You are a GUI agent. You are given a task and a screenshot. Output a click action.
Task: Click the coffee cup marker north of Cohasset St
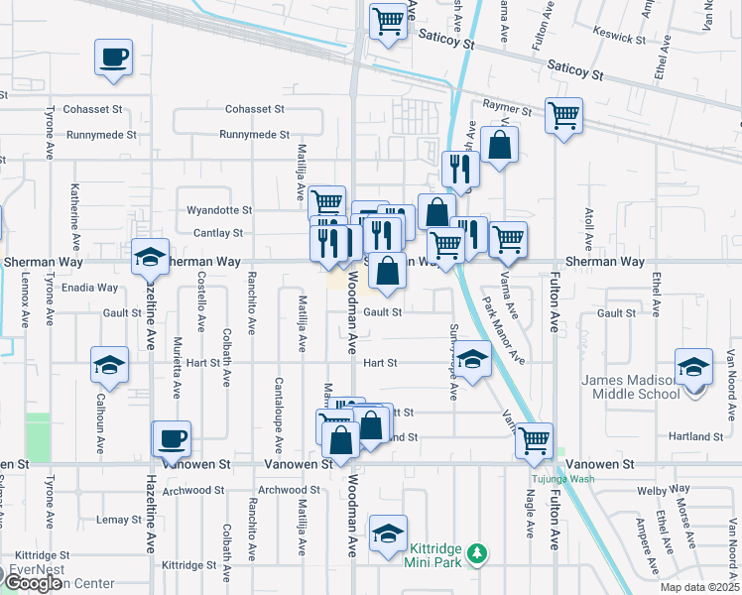pyautogui.click(x=112, y=56)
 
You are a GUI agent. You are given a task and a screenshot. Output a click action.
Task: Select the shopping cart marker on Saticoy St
pyautogui.click(x=389, y=21)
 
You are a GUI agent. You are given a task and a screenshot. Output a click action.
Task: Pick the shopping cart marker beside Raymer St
pyautogui.click(x=563, y=115)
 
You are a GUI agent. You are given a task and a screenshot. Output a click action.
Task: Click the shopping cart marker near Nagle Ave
pyautogui.click(x=534, y=438)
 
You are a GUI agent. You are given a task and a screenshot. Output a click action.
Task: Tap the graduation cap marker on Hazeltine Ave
pyautogui.click(x=150, y=258)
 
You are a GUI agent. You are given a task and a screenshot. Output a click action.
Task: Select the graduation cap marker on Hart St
pyautogui.click(x=473, y=361)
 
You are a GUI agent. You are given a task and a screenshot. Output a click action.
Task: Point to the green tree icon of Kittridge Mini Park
pyautogui.click(x=477, y=551)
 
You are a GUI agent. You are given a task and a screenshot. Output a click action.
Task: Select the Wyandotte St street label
pyautogui.click(x=220, y=210)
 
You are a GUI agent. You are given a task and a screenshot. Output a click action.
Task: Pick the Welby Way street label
pyautogui.click(x=665, y=490)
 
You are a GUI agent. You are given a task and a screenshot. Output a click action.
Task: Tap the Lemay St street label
pyautogui.click(x=120, y=520)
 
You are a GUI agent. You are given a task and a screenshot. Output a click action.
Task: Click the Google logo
pyautogui.click(x=34, y=583)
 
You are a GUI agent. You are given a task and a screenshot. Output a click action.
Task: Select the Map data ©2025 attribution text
pyautogui.click(x=698, y=587)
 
